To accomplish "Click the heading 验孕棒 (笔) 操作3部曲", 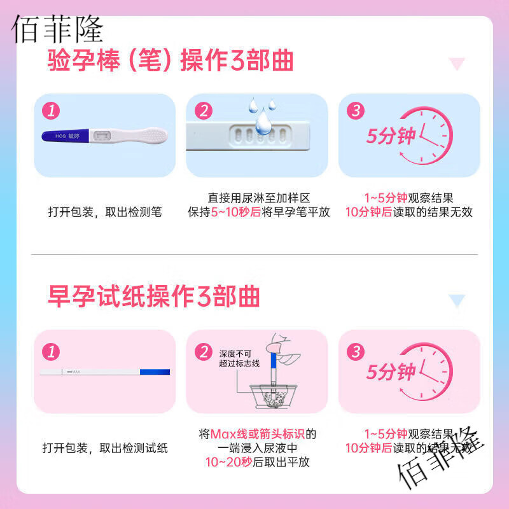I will (x=171, y=62).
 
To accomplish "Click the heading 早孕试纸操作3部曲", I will (x=153, y=296).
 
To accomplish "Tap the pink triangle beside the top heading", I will (x=457, y=64).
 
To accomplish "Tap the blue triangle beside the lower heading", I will (x=457, y=300).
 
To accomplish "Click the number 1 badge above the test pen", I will (x=51, y=111).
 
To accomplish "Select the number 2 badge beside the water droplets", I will (x=204, y=111).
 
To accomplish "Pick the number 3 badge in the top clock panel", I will (x=356, y=111).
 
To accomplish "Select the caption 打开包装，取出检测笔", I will (x=105, y=213).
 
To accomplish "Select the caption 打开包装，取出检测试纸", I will (x=105, y=448).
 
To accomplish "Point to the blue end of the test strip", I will (x=156, y=372).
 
